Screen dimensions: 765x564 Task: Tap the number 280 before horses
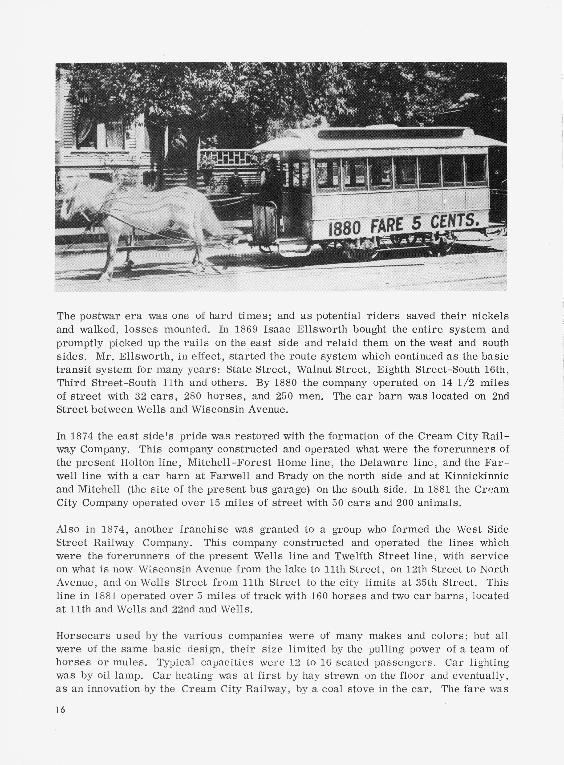point(193,396)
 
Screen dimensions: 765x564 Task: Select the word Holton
point(134,462)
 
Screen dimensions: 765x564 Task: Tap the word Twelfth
point(352,556)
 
